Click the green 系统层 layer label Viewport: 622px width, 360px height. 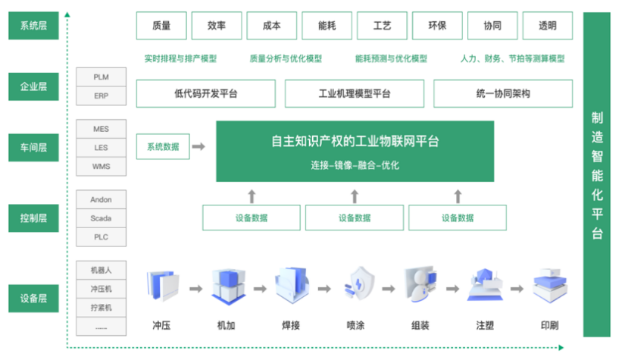[33, 26]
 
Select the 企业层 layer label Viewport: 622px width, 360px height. [33, 86]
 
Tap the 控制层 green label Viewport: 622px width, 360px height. [33, 218]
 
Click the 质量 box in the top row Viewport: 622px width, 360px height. [161, 26]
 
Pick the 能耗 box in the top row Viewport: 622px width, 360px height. [327, 26]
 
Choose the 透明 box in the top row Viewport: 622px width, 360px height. [547, 26]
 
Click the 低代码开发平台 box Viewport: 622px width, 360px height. [205, 94]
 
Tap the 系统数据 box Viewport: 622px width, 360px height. [163, 146]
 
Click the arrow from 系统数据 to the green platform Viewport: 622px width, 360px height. [198, 146]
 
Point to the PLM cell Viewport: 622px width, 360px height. [101, 77]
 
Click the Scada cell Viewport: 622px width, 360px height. [101, 218]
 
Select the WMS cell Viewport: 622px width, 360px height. [101, 166]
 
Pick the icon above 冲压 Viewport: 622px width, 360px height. [162, 286]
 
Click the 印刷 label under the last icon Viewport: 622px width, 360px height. [549, 326]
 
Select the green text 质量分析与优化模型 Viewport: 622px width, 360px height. [286, 58]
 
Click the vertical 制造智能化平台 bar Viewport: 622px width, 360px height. [597, 174]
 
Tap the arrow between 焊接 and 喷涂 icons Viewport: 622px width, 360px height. [324, 289]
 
